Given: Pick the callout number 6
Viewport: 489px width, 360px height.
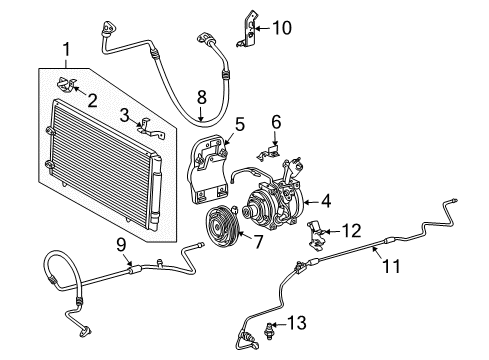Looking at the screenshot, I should pyautogui.click(x=276, y=122).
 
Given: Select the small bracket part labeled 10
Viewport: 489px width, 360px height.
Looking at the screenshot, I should pyautogui.click(x=251, y=30).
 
